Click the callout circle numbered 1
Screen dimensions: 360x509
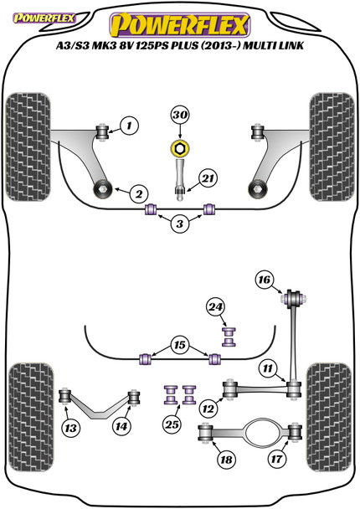point(129,125)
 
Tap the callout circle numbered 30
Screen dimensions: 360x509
point(180,115)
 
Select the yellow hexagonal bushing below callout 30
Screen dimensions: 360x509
point(180,148)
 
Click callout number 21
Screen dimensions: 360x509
point(208,178)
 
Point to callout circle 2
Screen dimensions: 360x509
point(139,194)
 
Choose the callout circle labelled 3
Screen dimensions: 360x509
point(179,224)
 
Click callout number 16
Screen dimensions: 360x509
point(265,280)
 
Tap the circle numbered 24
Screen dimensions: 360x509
point(216,307)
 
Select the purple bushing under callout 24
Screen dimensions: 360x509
point(229,337)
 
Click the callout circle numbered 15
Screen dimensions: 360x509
point(179,345)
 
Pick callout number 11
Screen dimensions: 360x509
point(268,368)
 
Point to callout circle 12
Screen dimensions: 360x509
point(208,409)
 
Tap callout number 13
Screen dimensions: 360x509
point(70,428)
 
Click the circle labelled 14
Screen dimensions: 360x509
point(121,426)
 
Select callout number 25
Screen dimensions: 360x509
point(172,424)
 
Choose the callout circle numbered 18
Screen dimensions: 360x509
point(226,460)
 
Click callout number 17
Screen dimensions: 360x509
point(276,459)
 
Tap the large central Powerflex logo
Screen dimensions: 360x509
point(179,24)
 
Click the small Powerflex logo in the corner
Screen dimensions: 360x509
point(44,18)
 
